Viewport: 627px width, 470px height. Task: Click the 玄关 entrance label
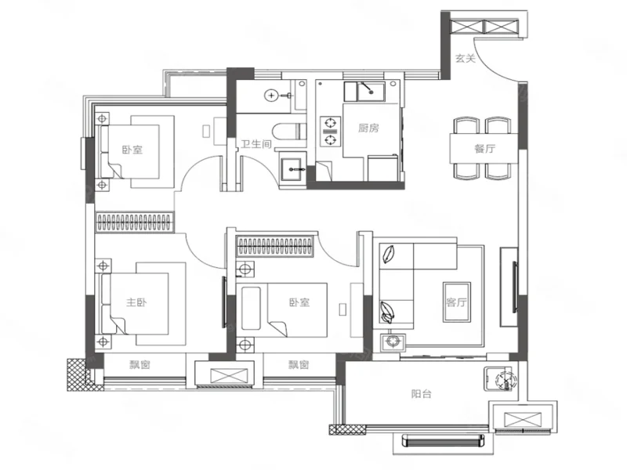coord(466,58)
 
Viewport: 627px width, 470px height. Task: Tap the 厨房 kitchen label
coord(368,128)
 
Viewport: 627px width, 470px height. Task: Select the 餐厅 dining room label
coord(484,149)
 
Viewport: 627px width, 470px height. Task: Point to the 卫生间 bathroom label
coord(256,144)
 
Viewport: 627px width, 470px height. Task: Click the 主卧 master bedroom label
coord(136,302)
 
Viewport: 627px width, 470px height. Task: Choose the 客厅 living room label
coord(456,302)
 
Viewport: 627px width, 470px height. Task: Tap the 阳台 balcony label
coord(421,394)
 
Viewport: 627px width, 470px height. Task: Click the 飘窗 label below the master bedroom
coord(140,364)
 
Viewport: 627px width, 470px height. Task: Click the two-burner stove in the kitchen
coord(330,132)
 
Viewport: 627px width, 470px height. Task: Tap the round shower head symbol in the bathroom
coord(271,96)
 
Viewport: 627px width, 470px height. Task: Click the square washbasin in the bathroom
coord(293,169)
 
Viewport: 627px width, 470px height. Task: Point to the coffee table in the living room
coord(456,302)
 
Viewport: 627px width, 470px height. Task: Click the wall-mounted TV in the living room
coord(515,287)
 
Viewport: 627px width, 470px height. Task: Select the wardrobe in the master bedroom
coord(135,222)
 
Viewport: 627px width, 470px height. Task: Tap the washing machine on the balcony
coord(500,378)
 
